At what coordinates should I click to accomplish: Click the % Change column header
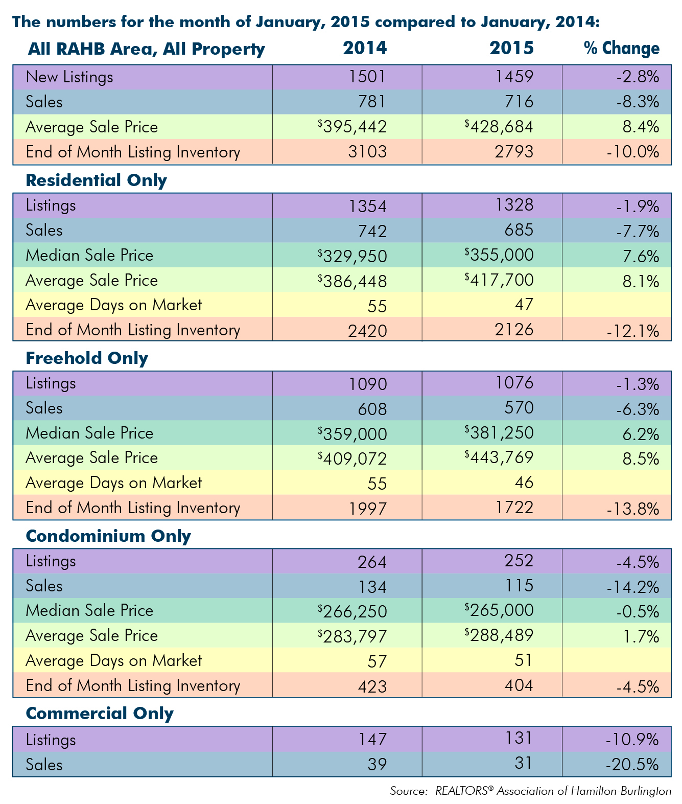pyautogui.click(x=621, y=49)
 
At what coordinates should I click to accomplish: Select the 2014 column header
pyautogui.click(x=364, y=48)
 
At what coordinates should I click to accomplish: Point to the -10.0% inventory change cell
pyautogui.click(x=632, y=152)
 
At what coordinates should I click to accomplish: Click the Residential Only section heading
pyautogui.click(x=96, y=180)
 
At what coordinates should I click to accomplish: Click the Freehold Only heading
pyautogui.click(x=87, y=358)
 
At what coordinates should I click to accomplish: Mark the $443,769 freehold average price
pyautogui.click(x=499, y=457)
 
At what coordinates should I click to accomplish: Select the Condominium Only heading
pyautogui.click(x=108, y=536)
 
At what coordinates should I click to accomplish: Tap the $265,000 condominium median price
pyautogui.click(x=499, y=610)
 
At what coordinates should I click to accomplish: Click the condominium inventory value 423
pyautogui.click(x=372, y=686)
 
